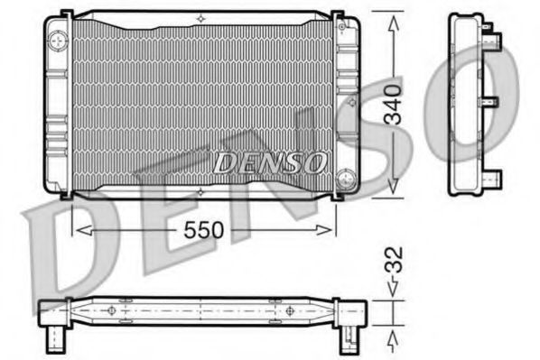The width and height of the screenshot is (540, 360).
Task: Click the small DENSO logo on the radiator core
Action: point(270,162)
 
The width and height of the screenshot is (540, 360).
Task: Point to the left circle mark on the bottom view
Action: point(112,310)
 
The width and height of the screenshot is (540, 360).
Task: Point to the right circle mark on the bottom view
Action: point(289,310)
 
